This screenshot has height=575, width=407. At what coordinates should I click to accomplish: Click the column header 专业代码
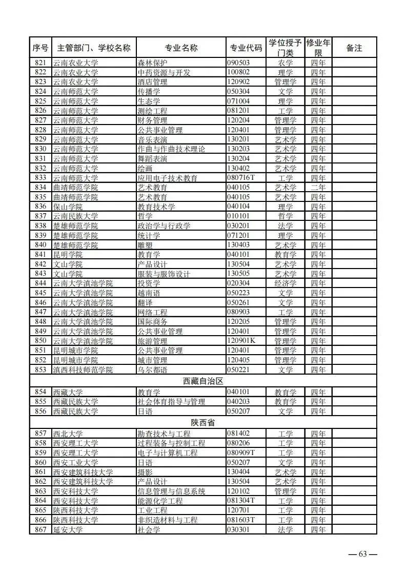[245, 48]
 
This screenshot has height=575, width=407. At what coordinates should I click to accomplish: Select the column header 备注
[354, 48]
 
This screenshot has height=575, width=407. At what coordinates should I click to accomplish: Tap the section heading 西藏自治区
[203, 382]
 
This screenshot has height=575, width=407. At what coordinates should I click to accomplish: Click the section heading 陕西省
[203, 423]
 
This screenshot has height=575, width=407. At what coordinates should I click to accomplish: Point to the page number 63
[363, 554]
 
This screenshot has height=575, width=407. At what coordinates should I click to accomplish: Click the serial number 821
[40, 63]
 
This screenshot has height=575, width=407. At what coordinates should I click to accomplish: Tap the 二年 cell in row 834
[318, 188]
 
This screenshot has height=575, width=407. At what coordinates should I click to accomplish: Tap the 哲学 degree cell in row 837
[286, 216]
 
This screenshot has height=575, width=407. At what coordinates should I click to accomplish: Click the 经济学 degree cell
[286, 283]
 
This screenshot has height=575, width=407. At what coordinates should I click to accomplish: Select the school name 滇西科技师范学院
[83, 370]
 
